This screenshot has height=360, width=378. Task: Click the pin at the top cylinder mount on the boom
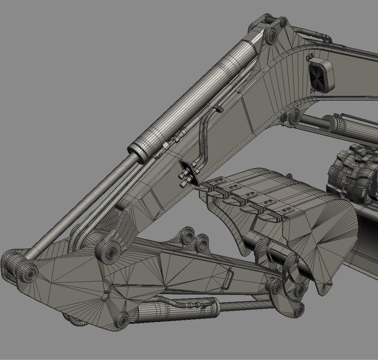pyautogui.click(x=271, y=35)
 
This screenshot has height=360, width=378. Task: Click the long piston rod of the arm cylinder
pyautogui.click(x=80, y=207)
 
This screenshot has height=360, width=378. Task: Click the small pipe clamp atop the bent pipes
pyautogui.click(x=218, y=108)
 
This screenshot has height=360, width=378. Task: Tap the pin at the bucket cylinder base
pyautogui.click(x=123, y=319)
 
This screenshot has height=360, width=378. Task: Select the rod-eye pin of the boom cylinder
pyautogui.click(x=294, y=116)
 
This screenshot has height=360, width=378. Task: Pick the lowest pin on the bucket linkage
pyautogui.click(x=298, y=308)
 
